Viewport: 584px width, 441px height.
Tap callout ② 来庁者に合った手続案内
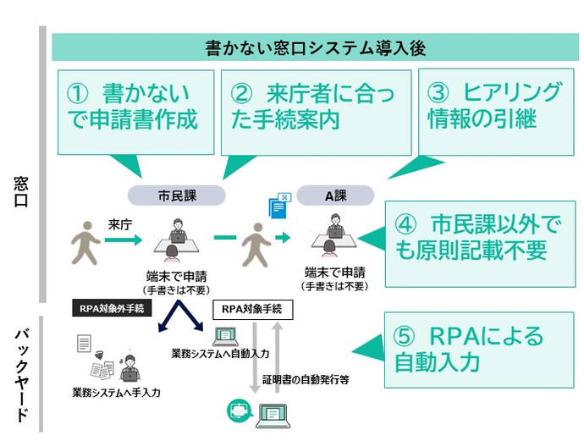(x=315, y=107)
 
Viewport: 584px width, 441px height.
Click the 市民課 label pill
(x=176, y=196)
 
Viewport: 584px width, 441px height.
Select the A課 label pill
(x=334, y=196)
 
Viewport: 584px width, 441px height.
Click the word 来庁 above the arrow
(x=122, y=224)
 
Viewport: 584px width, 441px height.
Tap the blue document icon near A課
(x=278, y=207)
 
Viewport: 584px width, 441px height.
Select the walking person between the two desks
(x=256, y=245)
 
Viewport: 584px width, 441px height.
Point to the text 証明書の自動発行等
(x=306, y=380)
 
